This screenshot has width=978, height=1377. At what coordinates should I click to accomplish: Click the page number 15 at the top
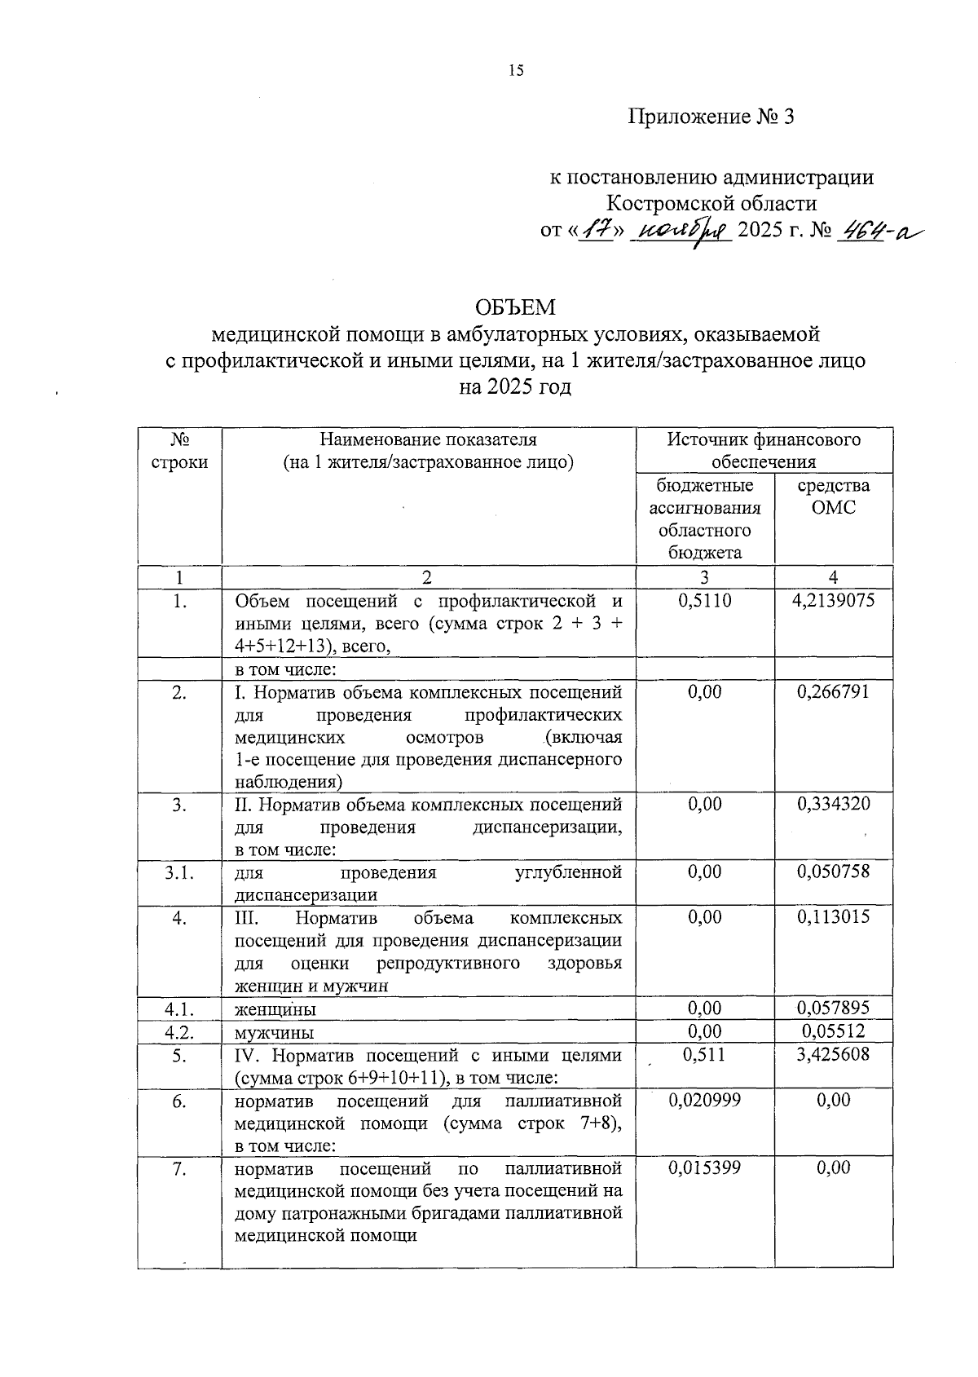pos(515,70)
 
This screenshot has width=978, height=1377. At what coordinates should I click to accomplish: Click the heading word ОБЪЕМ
pos(515,307)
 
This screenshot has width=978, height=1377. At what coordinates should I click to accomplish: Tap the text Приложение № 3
pos(711,117)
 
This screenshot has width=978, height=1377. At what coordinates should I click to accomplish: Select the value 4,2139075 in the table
pos(833,601)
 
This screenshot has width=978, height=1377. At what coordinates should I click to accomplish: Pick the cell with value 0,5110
pos(704,601)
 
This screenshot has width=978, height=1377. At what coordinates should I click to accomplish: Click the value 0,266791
pos(833,692)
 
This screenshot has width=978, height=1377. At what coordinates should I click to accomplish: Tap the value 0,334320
pos(833,804)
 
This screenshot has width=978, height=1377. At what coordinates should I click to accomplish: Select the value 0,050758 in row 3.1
pos(833,872)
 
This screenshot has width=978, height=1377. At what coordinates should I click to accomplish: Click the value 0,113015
pos(833,917)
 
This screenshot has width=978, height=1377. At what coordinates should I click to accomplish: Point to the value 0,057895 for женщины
pos(833,1008)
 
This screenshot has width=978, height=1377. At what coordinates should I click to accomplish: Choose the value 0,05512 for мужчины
pos(833,1031)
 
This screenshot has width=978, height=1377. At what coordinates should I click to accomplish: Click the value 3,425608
pos(833,1054)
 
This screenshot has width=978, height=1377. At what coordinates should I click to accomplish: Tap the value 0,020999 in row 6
pos(704,1100)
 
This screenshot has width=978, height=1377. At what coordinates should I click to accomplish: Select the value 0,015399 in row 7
pos(704,1167)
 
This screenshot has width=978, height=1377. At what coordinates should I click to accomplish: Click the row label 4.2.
pos(178,1032)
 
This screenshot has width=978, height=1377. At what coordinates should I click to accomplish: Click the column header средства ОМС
pos(833,497)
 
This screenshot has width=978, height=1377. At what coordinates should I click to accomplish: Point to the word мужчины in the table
pos(274,1033)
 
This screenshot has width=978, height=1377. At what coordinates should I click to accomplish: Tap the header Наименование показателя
pos(428,440)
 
